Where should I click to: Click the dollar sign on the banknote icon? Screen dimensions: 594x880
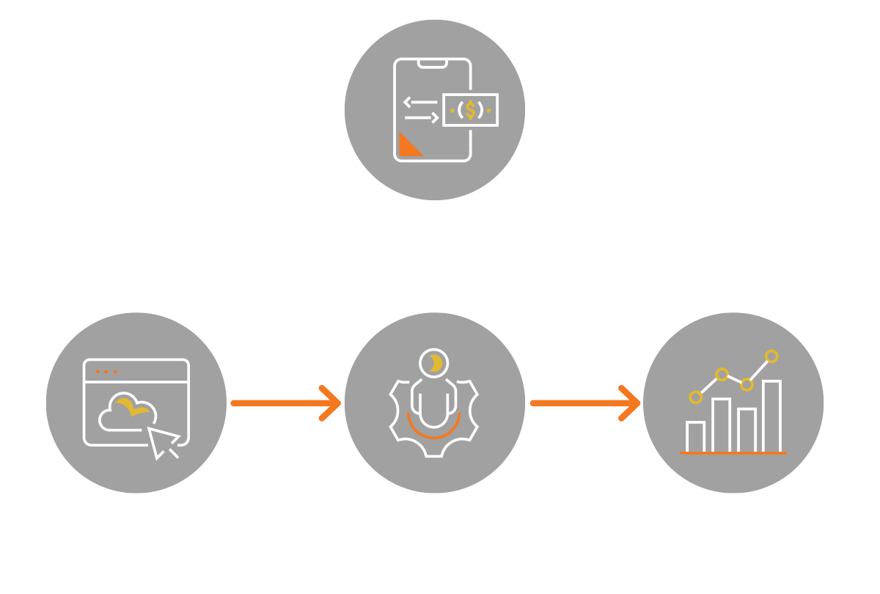pyautogui.click(x=470, y=110)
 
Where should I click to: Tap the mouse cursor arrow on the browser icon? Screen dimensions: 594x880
pyautogui.click(x=164, y=442)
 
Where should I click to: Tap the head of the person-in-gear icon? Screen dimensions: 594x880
pyautogui.click(x=434, y=362)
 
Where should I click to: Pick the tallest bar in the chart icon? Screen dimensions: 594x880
pyautogui.click(x=771, y=415)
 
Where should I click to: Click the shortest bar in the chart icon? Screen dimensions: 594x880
pyautogui.click(x=695, y=436)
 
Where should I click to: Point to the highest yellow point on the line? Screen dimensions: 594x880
pyautogui.click(x=771, y=356)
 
